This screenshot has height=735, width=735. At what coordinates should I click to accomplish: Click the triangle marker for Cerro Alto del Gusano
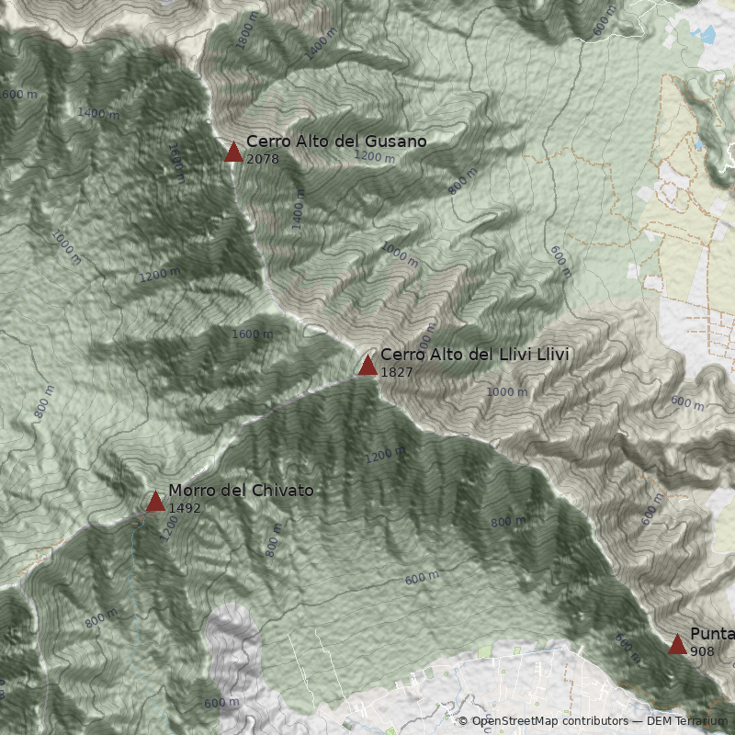233,152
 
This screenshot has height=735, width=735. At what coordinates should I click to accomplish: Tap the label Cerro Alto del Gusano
336,141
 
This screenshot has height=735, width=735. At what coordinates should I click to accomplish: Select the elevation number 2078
262,159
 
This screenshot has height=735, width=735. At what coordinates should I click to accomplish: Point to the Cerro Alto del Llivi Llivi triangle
367,365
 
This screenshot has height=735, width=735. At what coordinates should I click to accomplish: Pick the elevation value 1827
396,372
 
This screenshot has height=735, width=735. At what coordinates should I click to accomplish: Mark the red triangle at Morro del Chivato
155,501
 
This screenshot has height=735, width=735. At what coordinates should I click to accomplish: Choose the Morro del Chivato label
241,491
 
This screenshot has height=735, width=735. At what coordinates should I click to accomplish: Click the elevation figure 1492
184,508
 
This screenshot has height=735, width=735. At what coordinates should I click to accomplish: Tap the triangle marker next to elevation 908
677,644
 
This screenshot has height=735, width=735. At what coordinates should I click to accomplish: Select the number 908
702,651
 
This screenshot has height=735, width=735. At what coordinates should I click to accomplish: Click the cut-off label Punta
712,634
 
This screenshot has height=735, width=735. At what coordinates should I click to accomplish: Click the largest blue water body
706,36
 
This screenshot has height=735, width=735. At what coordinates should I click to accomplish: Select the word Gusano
396,141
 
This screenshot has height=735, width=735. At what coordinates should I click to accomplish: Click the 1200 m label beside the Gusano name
374,157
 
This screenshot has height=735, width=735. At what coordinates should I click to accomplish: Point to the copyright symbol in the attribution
463,721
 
